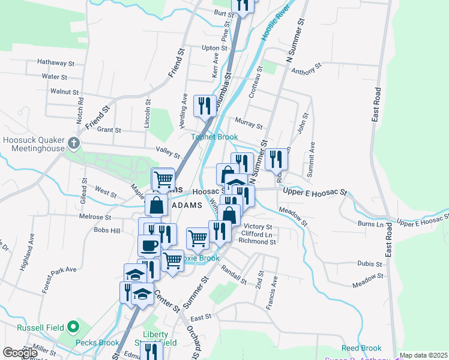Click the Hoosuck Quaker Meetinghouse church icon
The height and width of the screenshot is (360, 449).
coord(73,143)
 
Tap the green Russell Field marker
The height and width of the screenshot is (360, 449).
coord(73,327)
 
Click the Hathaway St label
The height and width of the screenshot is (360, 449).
coord(55,62)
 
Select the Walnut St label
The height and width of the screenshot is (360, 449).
coord(65,92)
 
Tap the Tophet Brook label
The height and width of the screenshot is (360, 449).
coord(215,137)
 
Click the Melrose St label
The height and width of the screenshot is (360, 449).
coord(97,217)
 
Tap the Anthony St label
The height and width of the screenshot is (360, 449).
coord(304,71)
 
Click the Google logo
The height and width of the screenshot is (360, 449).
coord(19,353)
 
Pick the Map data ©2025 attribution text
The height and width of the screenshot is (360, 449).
coord(423,355)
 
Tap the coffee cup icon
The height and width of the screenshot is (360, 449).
coord(149,245)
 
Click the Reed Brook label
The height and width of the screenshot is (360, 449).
coord(361,348)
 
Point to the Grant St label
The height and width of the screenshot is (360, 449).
coord(109,130)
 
